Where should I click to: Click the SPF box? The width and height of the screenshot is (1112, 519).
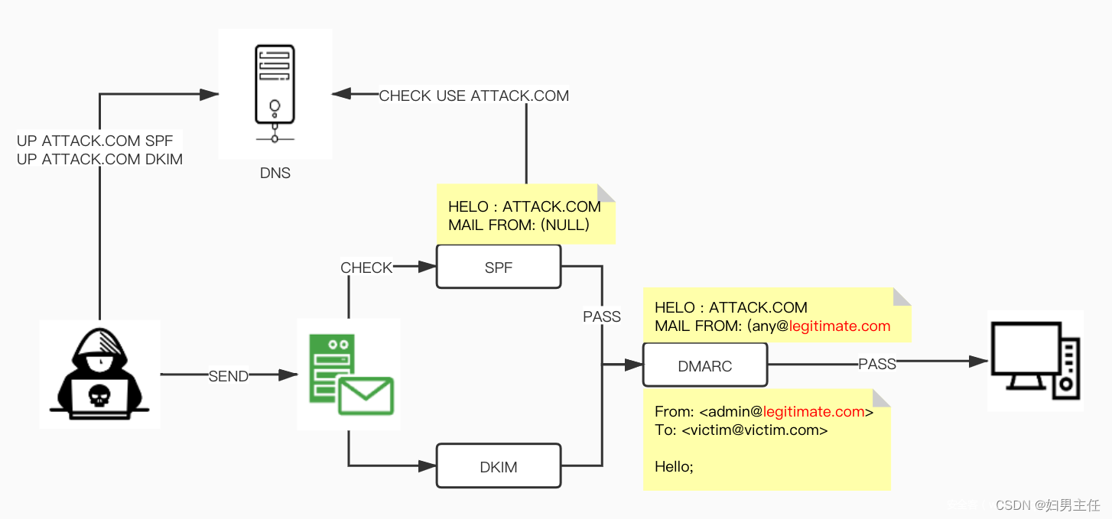click(499, 267)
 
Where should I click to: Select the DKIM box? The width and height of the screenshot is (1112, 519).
click(499, 466)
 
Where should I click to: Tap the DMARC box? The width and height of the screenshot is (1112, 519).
click(704, 366)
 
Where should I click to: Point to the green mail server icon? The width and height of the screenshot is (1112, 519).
click(348, 373)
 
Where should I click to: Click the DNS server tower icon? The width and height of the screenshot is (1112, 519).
click(275, 93)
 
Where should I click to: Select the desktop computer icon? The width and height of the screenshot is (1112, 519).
click(1035, 360)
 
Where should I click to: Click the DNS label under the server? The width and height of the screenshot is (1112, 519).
click(275, 174)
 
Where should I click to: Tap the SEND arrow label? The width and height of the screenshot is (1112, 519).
click(229, 376)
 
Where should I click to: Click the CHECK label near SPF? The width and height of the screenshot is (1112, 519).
click(366, 268)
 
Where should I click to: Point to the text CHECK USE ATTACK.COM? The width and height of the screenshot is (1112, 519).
click(474, 96)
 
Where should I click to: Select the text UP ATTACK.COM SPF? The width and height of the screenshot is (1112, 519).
click(95, 141)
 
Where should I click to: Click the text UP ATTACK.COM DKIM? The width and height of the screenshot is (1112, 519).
click(99, 159)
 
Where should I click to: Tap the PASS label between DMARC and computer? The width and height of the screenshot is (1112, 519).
click(876, 364)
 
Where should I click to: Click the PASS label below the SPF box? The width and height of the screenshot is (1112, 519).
click(602, 316)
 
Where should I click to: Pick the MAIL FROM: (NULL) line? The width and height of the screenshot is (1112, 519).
click(519, 225)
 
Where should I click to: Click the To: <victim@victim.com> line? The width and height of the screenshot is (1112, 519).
click(741, 430)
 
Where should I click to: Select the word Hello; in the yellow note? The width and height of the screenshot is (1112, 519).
click(674, 465)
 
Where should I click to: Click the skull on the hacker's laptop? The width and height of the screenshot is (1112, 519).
click(99, 394)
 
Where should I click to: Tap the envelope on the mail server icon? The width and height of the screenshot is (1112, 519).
click(366, 396)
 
